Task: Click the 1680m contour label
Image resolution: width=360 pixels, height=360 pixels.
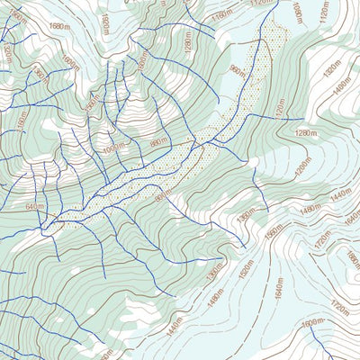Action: pyautogui.click(x=58, y=27)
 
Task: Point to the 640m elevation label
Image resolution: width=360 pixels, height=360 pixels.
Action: pyautogui.click(x=35, y=207)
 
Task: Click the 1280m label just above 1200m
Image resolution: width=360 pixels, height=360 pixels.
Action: pyautogui.click(x=306, y=134)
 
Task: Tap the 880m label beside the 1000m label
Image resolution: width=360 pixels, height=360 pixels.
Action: pyautogui.click(x=158, y=141)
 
